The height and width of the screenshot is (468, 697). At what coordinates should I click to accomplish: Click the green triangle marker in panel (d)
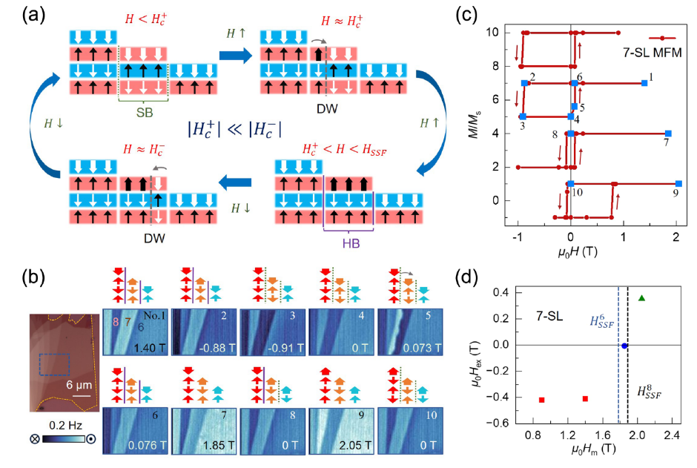[x=641, y=298]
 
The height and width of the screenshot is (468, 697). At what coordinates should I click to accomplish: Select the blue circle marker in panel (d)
[x=624, y=346]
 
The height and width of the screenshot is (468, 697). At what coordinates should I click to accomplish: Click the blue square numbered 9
[x=678, y=184]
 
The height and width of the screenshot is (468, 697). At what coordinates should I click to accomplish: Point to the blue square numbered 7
[x=668, y=134]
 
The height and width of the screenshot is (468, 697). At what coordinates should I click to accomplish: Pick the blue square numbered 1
[x=644, y=83]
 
